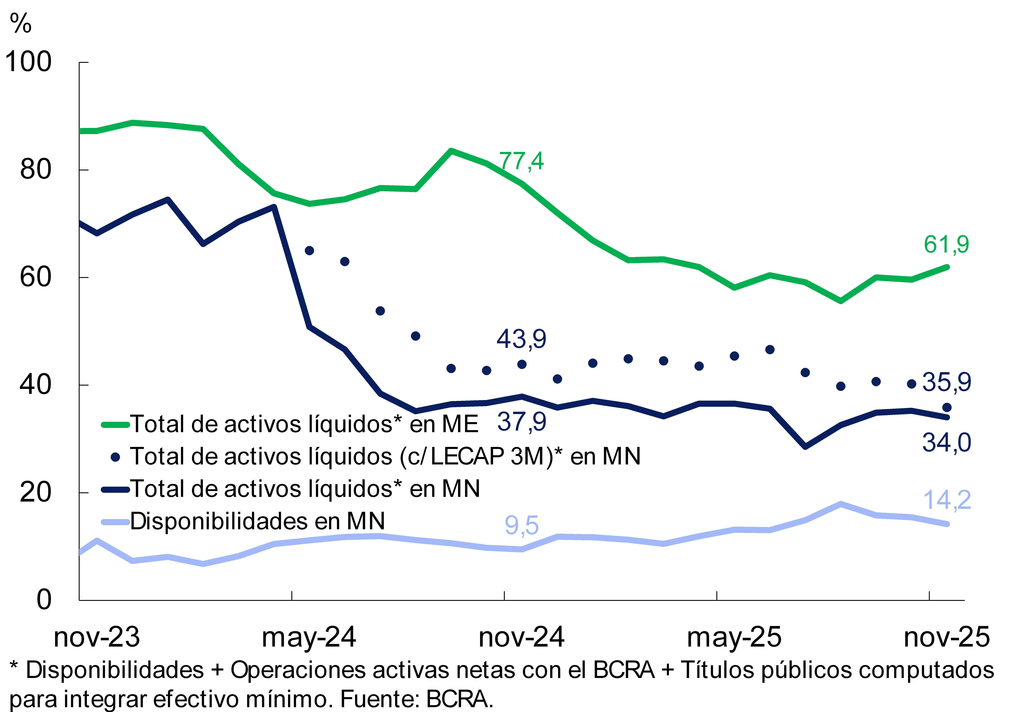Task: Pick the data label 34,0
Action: pos(946,443)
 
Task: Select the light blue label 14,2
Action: pos(946,500)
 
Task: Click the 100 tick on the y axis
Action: pos(28,62)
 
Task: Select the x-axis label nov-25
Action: pos(946,638)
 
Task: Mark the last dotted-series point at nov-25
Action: pos(946,407)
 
